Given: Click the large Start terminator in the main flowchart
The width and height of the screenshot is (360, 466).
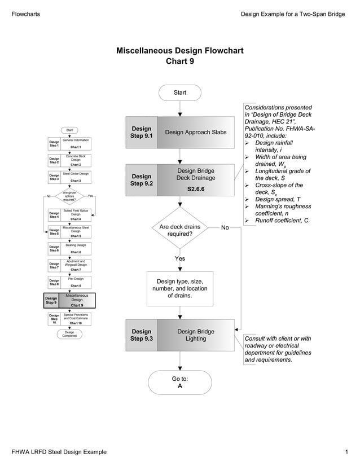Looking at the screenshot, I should (179, 92).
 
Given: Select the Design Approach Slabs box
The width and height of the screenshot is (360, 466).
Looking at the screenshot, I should (195, 132).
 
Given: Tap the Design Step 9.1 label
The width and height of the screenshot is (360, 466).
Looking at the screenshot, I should (142, 132).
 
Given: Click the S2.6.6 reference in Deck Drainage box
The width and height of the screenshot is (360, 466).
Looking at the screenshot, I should (196, 188).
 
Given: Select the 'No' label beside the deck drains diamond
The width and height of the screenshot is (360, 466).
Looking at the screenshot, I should (225, 227).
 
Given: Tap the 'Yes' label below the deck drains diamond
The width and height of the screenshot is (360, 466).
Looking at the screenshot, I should (179, 258).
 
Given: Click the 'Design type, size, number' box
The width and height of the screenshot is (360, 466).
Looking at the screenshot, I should (179, 288).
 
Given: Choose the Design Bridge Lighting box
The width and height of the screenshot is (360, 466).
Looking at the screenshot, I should (195, 335).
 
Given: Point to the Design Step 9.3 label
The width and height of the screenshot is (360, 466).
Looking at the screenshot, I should (142, 335).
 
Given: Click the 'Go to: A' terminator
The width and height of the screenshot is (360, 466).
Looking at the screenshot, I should (179, 383).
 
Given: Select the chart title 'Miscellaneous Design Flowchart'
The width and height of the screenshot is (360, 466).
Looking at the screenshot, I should (179, 51).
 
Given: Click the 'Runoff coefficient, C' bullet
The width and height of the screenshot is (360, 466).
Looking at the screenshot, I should (281, 220).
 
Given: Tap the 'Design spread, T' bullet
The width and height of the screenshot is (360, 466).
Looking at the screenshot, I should (278, 199).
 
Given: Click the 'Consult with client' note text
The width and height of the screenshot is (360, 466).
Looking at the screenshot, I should (278, 349).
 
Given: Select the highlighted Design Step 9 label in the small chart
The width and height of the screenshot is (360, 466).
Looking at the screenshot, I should (51, 300).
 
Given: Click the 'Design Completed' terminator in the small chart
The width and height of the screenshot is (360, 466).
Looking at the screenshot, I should (69, 335).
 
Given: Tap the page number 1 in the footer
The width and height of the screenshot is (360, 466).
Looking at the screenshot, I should (346, 452).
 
